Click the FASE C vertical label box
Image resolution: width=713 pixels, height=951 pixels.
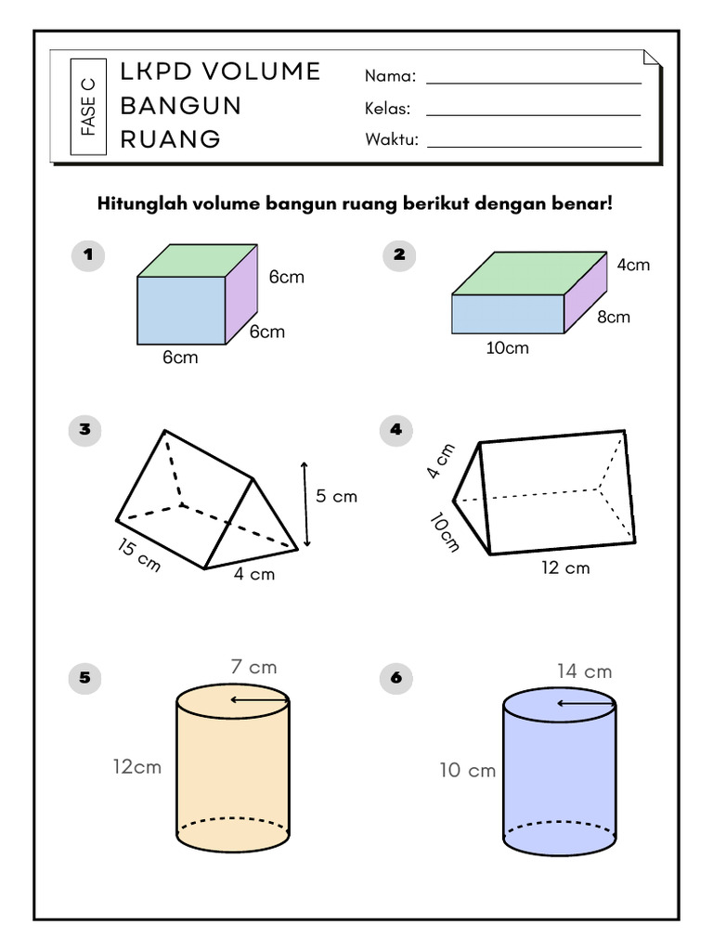88,106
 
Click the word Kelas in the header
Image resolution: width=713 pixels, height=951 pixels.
388,110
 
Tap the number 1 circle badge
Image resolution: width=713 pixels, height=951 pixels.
86,254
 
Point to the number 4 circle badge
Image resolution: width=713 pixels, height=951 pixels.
396,429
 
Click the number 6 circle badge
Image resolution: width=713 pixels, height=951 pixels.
396,679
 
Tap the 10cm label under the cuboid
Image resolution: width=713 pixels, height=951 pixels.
508,348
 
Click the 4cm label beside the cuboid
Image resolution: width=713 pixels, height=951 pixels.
633,265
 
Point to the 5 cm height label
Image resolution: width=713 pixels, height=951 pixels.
336,497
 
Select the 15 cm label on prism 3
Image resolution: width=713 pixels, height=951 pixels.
138,555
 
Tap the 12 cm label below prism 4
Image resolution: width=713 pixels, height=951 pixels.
565,567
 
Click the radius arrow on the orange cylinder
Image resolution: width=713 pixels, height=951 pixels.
260,700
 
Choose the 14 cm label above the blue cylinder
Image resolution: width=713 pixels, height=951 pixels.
584,671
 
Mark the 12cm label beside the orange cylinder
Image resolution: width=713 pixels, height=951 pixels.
137,766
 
